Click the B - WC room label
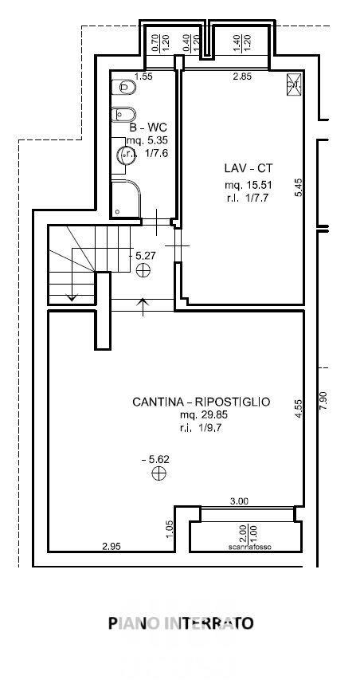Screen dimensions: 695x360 [x=149, y=127]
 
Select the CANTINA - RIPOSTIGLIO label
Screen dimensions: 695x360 [x=201, y=402]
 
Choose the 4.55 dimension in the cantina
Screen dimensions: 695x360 [x=298, y=409]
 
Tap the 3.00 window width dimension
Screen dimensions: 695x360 [x=239, y=501]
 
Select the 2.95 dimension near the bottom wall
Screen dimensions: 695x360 [x=112, y=546]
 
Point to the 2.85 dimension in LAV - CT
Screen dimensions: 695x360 [x=242, y=77]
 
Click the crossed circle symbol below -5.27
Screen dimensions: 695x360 [x=143, y=271]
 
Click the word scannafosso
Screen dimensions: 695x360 [x=246, y=547]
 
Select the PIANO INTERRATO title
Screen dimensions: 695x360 [x=181, y=622]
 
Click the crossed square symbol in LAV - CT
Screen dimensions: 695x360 [x=292, y=83]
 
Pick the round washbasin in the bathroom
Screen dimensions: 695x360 [x=125, y=156]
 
